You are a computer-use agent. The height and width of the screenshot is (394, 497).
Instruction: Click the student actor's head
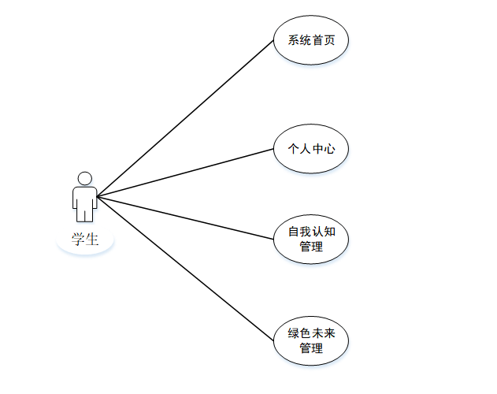tap(85, 178)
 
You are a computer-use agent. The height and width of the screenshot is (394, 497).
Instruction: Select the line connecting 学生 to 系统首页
tap(185, 118)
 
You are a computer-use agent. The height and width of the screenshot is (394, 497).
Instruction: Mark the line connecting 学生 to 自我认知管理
tap(185, 217)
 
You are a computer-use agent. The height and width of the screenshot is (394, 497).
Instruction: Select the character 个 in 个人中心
tap(293, 147)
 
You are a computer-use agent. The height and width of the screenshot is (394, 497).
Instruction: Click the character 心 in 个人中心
tap(330, 147)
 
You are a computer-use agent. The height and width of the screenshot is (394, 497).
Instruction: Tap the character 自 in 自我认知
tap(293, 232)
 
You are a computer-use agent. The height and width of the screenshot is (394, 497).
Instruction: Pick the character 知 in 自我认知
tap(330, 232)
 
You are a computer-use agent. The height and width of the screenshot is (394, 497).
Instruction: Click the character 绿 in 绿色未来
tap(293, 333)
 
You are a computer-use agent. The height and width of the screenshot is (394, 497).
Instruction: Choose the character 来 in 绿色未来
tap(330, 333)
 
